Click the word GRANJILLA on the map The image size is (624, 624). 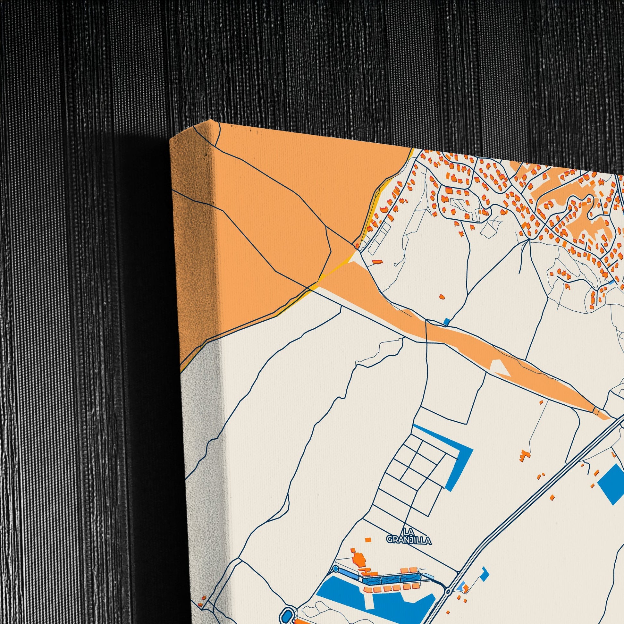(409, 540)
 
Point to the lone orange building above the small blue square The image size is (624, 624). (442, 296)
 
